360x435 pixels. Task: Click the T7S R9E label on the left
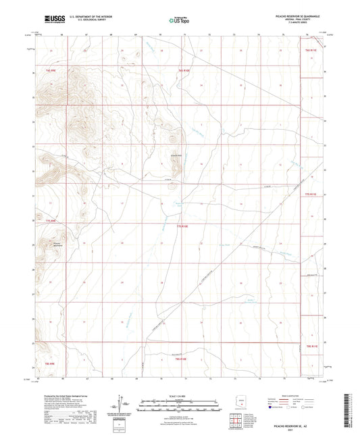50,220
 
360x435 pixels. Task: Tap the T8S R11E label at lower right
310,345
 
